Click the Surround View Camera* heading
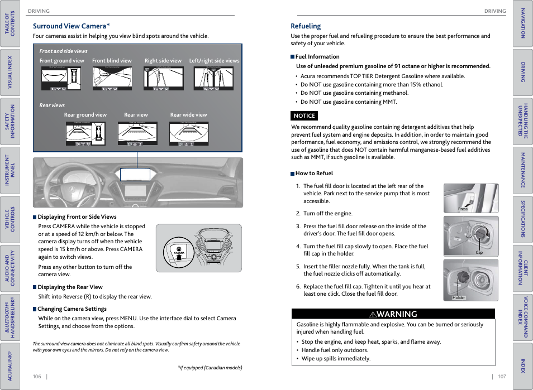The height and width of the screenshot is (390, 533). tap(71, 26)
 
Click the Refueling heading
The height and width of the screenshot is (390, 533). tap(306, 26)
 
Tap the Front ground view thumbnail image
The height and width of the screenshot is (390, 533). tap(61, 79)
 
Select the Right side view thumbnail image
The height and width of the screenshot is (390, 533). tap(164, 79)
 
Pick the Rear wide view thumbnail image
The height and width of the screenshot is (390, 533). tap(188, 134)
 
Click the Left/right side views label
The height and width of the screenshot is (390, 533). tap(214, 61)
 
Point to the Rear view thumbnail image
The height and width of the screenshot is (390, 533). tap(137, 134)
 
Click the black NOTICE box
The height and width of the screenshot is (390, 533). tap(304, 116)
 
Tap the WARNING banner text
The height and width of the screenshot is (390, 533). tap(393, 314)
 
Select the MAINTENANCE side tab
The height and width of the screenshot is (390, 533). tap(523, 170)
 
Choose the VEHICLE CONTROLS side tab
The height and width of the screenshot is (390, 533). tap(10, 219)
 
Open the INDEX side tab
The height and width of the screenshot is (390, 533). tap(523, 366)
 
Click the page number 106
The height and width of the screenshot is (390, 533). tap(37, 377)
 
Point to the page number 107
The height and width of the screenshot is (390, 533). tap(502, 377)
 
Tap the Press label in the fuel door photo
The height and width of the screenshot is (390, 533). tap(463, 209)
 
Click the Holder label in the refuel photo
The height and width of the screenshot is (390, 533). tap(459, 297)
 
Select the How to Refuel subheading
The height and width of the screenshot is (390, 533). tap(314, 174)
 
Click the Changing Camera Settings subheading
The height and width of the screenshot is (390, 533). tap(72, 309)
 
